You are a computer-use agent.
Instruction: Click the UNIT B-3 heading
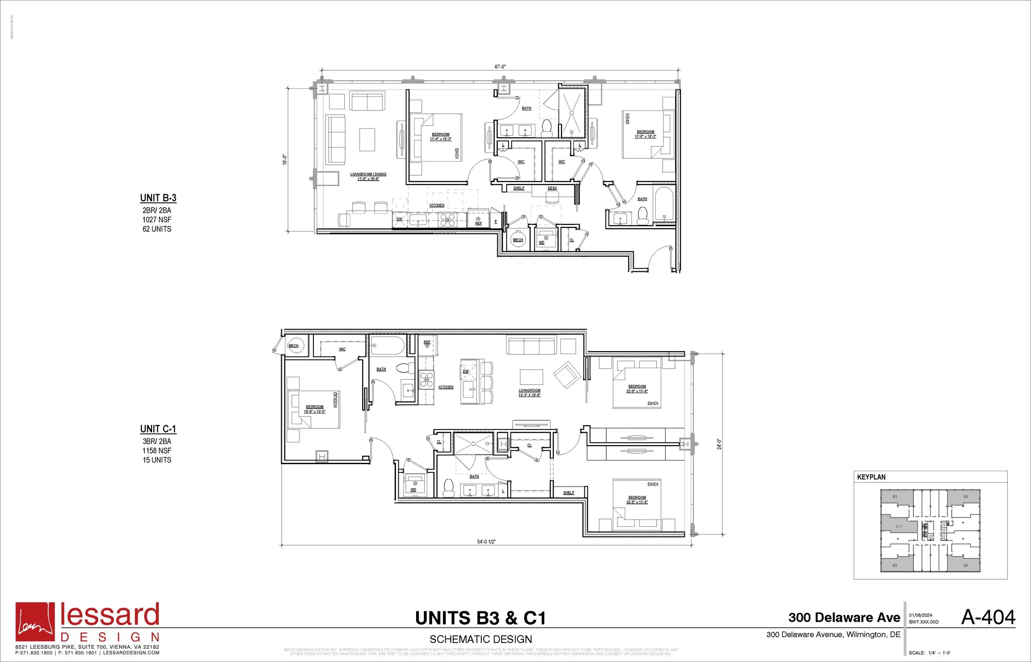[x=158, y=198]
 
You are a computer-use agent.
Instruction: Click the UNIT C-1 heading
[x=158, y=429]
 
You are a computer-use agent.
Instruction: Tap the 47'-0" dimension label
[x=499, y=67]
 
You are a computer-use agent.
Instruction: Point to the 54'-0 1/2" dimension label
[x=486, y=542]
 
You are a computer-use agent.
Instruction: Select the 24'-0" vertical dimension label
[x=719, y=444]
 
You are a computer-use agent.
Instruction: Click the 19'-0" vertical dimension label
[x=284, y=160]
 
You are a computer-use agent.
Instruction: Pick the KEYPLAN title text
[x=871, y=477]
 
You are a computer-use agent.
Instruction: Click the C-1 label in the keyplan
[x=898, y=526]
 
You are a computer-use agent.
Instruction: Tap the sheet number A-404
[x=988, y=617]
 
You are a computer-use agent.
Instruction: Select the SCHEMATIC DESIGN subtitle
[x=481, y=639]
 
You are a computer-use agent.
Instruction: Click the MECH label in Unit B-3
[x=518, y=240]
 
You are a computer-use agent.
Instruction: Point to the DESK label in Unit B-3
[x=552, y=188]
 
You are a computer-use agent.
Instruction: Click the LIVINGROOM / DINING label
[x=368, y=174]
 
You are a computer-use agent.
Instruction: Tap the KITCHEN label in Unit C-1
[x=446, y=387]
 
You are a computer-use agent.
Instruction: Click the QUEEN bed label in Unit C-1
[x=335, y=400]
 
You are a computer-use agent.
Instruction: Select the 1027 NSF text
[x=157, y=220]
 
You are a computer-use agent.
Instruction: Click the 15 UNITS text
[x=157, y=460]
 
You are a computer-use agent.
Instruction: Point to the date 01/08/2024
[x=920, y=615]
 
